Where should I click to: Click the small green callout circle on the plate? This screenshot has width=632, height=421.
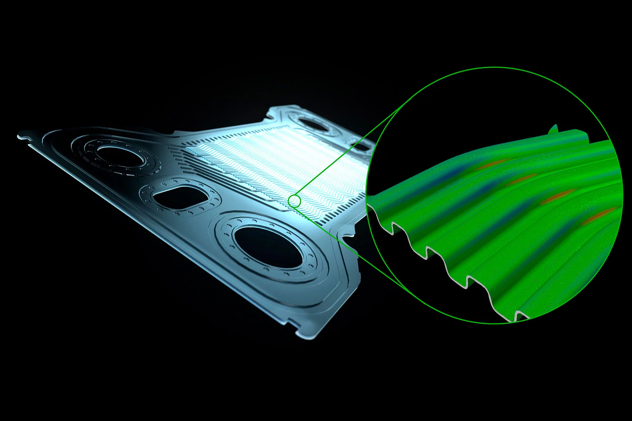coord(294,201)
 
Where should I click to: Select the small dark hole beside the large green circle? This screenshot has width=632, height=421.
coord(360,147)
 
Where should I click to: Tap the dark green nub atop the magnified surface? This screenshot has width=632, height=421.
coord(554,129)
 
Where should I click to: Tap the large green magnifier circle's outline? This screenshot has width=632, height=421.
coord(495,67)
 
